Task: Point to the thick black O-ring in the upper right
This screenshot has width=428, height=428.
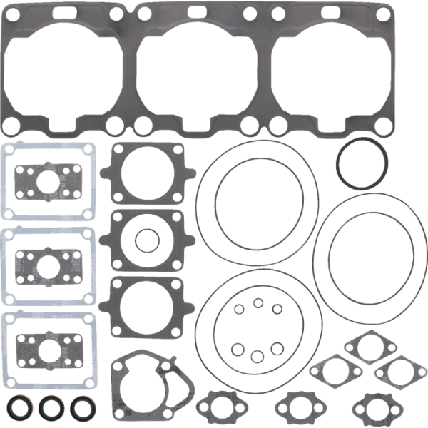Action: pos(363,163)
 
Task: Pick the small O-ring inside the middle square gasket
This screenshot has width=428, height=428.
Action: pos(147,240)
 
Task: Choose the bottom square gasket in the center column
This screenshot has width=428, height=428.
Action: pos(147,306)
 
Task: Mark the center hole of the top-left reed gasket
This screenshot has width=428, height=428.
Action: pos(48,181)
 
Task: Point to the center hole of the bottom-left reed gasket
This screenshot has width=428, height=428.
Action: pos(48,350)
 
